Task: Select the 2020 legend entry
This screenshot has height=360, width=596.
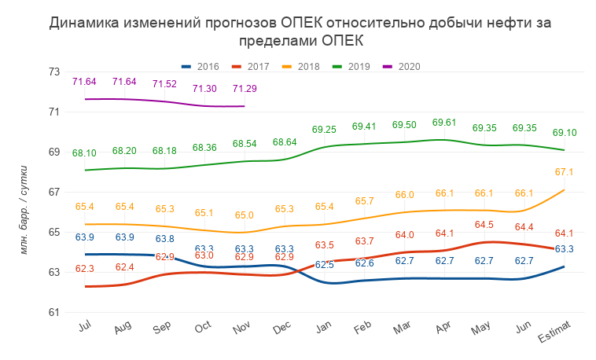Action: tap(402, 66)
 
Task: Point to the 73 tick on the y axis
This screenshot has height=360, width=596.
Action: tap(54, 72)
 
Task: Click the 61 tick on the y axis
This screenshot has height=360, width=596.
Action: tap(54, 312)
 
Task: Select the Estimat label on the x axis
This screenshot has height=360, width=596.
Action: tap(555, 331)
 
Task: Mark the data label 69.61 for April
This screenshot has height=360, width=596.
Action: tap(445, 123)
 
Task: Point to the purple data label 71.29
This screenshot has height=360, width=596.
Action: tap(245, 89)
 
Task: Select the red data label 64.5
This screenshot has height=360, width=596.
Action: tap(485, 225)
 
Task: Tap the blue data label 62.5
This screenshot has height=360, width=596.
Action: tap(324, 265)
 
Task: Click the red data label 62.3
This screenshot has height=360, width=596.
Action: tap(84, 269)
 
